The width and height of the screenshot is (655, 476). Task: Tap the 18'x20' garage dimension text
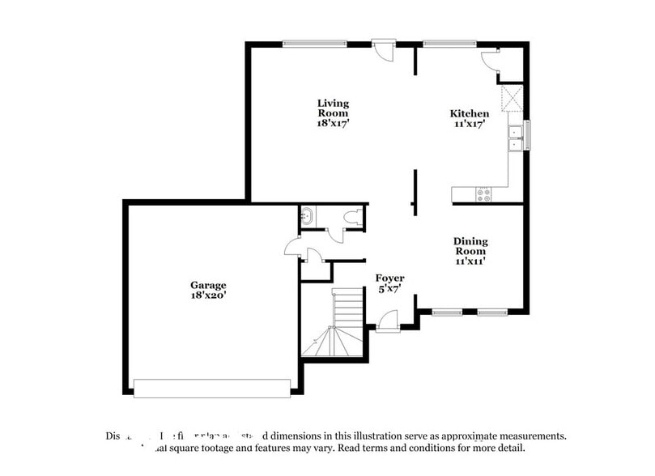208,295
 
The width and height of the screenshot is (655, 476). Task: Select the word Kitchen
470,114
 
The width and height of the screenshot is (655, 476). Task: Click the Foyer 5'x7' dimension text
389,289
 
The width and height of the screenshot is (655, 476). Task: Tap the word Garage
208,285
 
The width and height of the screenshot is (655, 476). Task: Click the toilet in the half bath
351,218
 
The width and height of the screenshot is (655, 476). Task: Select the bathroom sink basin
308,216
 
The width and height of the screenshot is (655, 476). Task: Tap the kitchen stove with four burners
484,193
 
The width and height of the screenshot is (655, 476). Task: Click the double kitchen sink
515,138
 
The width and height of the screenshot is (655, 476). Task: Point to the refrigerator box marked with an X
512,100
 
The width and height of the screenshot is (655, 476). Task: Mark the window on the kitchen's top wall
450,44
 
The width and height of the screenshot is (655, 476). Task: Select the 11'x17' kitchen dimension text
470,125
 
